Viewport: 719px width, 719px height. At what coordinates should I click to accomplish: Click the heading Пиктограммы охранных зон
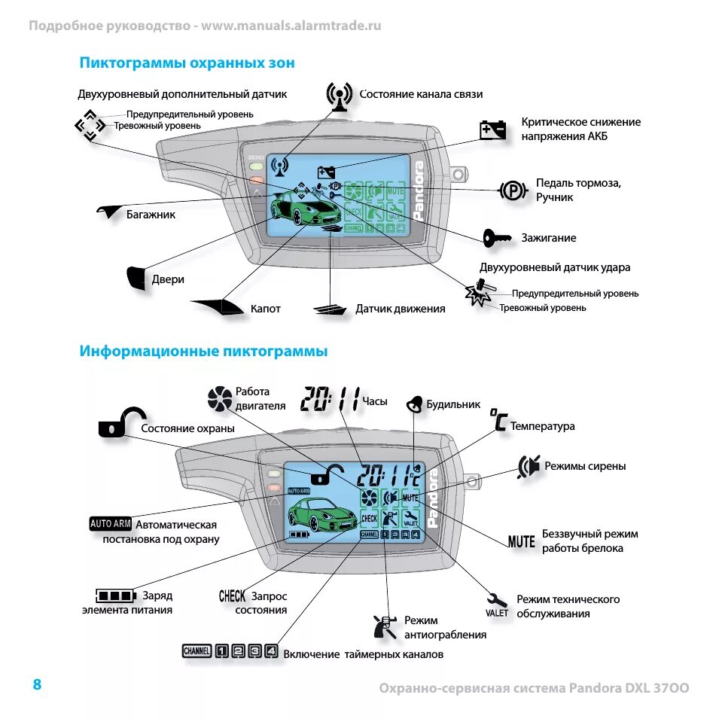coord(187,63)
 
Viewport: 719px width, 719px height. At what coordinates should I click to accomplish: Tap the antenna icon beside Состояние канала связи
coord(340,96)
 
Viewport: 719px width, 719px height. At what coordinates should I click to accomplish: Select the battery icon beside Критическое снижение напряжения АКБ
coord(493,129)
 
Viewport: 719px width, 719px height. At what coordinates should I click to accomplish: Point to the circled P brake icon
coord(512,190)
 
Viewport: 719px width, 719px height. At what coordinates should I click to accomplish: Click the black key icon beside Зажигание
coord(496,238)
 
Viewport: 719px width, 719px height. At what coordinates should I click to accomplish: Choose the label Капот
coord(265,309)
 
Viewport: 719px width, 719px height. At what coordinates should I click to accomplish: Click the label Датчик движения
coord(400,309)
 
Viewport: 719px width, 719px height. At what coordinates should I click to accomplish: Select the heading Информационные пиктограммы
coord(203,352)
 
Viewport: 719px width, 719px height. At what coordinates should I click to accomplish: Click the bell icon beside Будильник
coord(414,404)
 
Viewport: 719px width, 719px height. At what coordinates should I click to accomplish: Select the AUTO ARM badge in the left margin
coord(111,524)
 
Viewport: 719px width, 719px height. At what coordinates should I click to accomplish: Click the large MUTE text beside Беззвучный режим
coord(522,541)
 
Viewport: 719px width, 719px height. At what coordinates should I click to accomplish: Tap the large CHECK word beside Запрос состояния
coord(232,596)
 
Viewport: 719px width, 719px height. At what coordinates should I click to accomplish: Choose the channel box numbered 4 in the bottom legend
coord(272,652)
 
